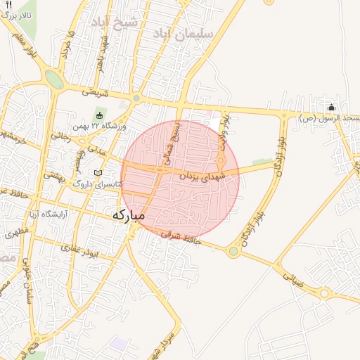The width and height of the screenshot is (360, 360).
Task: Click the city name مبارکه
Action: pyautogui.click(x=128, y=214)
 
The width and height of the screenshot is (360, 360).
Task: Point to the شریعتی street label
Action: pyautogui.click(x=95, y=91)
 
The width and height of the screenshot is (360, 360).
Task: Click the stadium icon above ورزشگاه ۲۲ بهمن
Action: pyautogui.click(x=100, y=115)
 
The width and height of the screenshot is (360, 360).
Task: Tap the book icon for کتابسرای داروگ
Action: pyautogui.click(x=98, y=173)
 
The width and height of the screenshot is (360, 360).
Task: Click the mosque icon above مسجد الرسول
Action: pyautogui.click(x=331, y=108)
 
